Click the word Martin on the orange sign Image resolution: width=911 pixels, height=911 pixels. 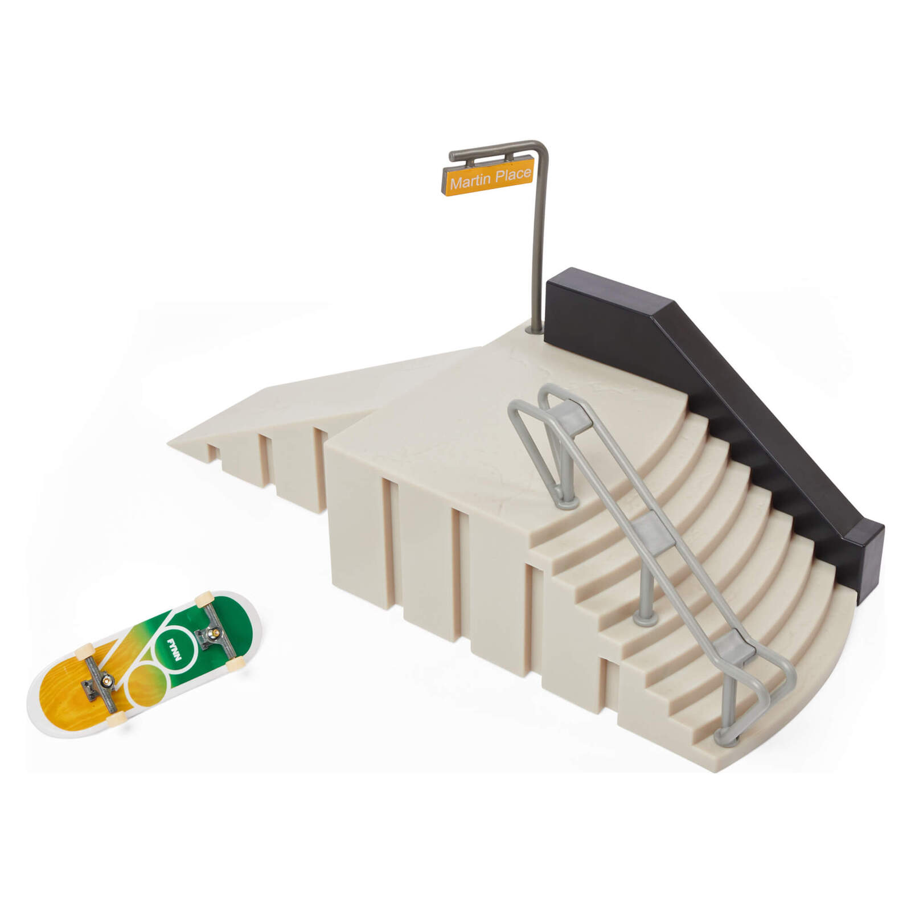click(x=469, y=182)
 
